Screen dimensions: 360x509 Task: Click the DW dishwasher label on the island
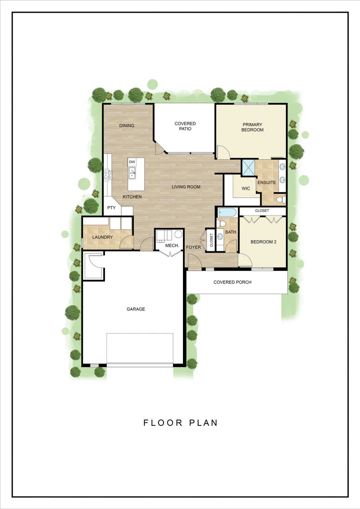(x=132, y=162)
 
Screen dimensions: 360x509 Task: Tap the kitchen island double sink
(x=132, y=173)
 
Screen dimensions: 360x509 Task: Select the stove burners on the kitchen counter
(x=108, y=175)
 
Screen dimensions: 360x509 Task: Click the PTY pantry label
(x=111, y=208)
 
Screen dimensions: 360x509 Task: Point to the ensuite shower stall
(x=248, y=168)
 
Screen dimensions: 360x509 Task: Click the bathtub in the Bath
(x=228, y=213)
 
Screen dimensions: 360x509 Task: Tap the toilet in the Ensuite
(x=281, y=200)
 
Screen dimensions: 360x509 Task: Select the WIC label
(x=246, y=188)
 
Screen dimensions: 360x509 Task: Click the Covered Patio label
(x=185, y=126)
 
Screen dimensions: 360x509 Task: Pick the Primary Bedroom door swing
(x=224, y=152)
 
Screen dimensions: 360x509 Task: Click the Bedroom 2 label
(x=263, y=242)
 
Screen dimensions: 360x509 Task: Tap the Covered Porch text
(x=232, y=282)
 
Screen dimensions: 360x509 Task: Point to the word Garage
(x=136, y=309)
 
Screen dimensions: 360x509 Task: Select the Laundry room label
(x=103, y=237)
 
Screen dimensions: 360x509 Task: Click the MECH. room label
(x=172, y=245)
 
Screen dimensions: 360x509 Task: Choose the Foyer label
(x=193, y=247)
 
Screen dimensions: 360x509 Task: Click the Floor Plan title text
(x=181, y=423)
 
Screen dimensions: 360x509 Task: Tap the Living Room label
(x=186, y=187)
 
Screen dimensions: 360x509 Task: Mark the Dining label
(x=126, y=125)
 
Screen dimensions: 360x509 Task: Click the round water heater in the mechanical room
(x=179, y=234)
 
